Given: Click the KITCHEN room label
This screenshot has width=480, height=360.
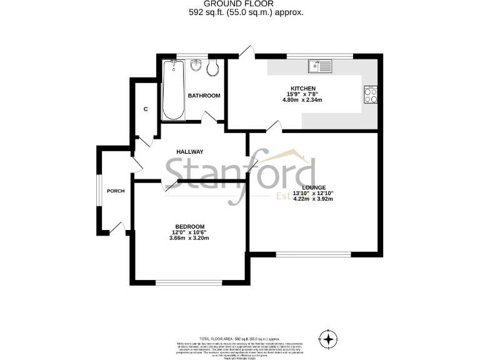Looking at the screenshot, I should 302,88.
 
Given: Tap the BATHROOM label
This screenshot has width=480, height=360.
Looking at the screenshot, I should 204,96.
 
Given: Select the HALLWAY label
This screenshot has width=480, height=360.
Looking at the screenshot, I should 190,152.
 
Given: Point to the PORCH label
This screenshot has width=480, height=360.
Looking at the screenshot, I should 116,191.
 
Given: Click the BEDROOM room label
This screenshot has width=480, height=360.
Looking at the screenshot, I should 189,226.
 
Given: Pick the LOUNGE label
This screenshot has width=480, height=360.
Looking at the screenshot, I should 314,187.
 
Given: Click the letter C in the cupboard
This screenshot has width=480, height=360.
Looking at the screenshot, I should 146,109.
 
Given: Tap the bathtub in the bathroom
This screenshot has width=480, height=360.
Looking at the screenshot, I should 173,91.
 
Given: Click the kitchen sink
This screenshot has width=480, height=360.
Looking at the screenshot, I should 321,66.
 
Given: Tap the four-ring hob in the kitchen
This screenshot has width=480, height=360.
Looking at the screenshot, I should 371,94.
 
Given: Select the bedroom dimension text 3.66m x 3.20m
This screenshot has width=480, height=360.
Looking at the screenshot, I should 189,239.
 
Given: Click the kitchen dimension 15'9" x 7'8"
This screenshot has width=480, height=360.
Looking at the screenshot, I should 302,94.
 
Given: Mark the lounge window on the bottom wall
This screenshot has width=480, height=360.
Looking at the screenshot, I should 314,254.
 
